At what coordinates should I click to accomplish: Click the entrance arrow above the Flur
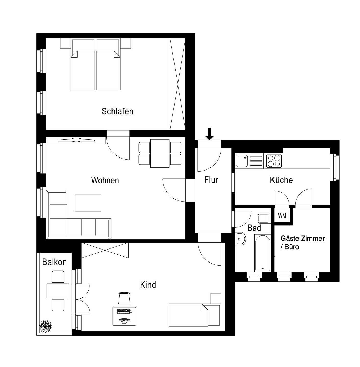coord(209,134)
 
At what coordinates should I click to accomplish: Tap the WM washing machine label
coord(282,216)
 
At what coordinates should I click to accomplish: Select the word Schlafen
coord(117,111)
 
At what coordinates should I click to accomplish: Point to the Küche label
coord(281,180)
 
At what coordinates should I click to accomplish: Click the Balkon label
coord(54,262)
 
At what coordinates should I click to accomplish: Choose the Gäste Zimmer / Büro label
coord(302,242)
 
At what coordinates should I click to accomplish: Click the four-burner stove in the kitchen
coord(274,161)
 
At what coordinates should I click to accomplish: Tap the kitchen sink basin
coord(242,161)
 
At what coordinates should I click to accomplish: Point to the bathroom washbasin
coord(240,239)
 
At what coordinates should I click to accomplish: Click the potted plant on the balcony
coord(46,326)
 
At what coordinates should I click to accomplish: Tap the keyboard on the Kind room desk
coord(123,311)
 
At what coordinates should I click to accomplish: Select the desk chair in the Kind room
coord(124,298)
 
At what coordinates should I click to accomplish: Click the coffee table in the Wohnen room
coord(88,203)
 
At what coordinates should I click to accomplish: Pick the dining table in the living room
coord(160,153)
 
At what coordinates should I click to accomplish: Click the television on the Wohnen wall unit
coord(76,140)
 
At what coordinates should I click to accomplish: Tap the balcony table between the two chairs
coord(58,291)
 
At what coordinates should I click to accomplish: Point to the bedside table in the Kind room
coord(216,298)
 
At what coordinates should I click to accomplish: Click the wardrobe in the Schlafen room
coord(178,84)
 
